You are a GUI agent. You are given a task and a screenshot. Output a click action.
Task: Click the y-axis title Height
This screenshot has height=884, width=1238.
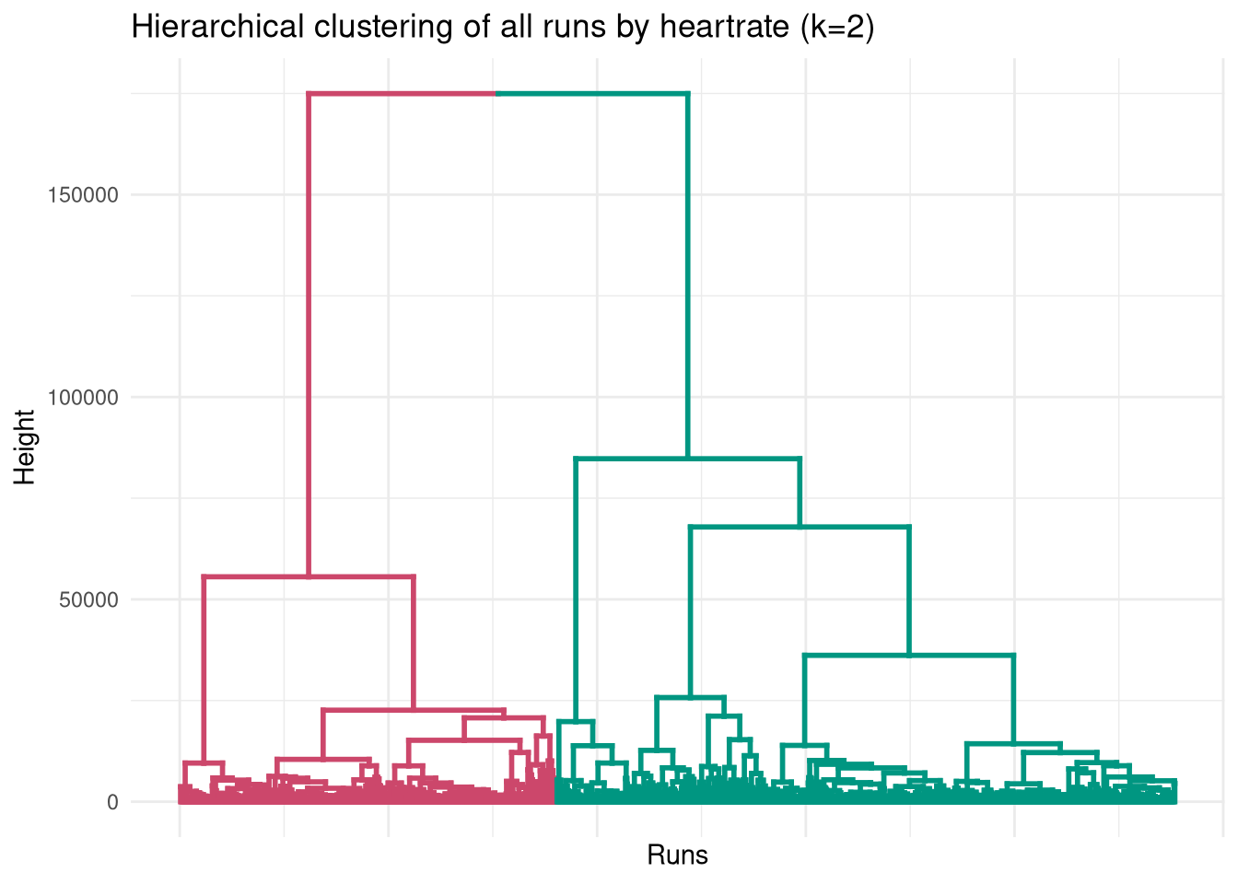[25, 448]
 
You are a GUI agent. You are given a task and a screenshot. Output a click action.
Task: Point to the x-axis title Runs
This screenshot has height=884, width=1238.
[677, 855]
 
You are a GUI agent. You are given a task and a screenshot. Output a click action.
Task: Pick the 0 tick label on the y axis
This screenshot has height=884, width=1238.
[112, 802]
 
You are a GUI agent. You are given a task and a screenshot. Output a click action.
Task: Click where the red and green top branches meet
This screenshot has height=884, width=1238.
[496, 94]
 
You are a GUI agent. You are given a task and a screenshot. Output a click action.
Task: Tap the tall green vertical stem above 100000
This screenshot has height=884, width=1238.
[687, 230]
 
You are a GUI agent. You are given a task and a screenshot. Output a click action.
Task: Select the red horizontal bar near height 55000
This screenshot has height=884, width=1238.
[309, 577]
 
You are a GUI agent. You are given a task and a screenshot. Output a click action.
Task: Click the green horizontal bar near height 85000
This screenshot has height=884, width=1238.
[687, 459]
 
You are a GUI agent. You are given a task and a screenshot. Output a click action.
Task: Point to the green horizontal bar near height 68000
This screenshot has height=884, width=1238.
[800, 527]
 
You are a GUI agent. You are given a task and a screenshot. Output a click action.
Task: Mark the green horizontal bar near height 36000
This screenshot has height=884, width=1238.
[909, 656]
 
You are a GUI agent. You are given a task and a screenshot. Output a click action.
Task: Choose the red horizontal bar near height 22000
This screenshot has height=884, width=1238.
[414, 710]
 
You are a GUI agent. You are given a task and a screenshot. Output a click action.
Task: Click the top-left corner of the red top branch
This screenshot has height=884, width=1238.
[309, 94]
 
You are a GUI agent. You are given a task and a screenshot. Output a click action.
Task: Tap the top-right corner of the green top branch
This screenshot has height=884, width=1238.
[687, 94]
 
